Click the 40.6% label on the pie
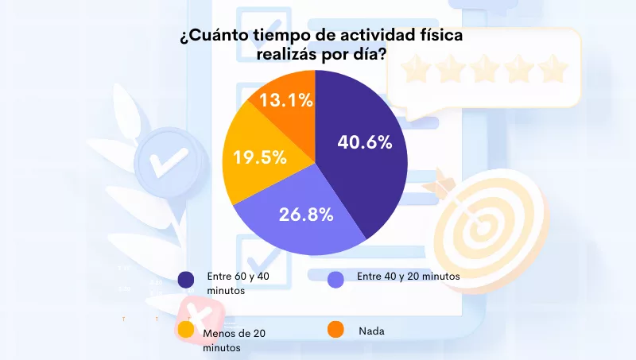(x=365, y=143)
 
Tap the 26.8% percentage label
(x=305, y=214)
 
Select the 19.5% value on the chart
(x=259, y=157)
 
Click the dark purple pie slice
(x=366, y=175)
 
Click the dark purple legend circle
(x=186, y=279)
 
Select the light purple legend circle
(x=335, y=279)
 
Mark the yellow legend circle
(x=186, y=329)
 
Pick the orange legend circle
(x=335, y=329)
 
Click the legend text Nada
(x=371, y=331)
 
